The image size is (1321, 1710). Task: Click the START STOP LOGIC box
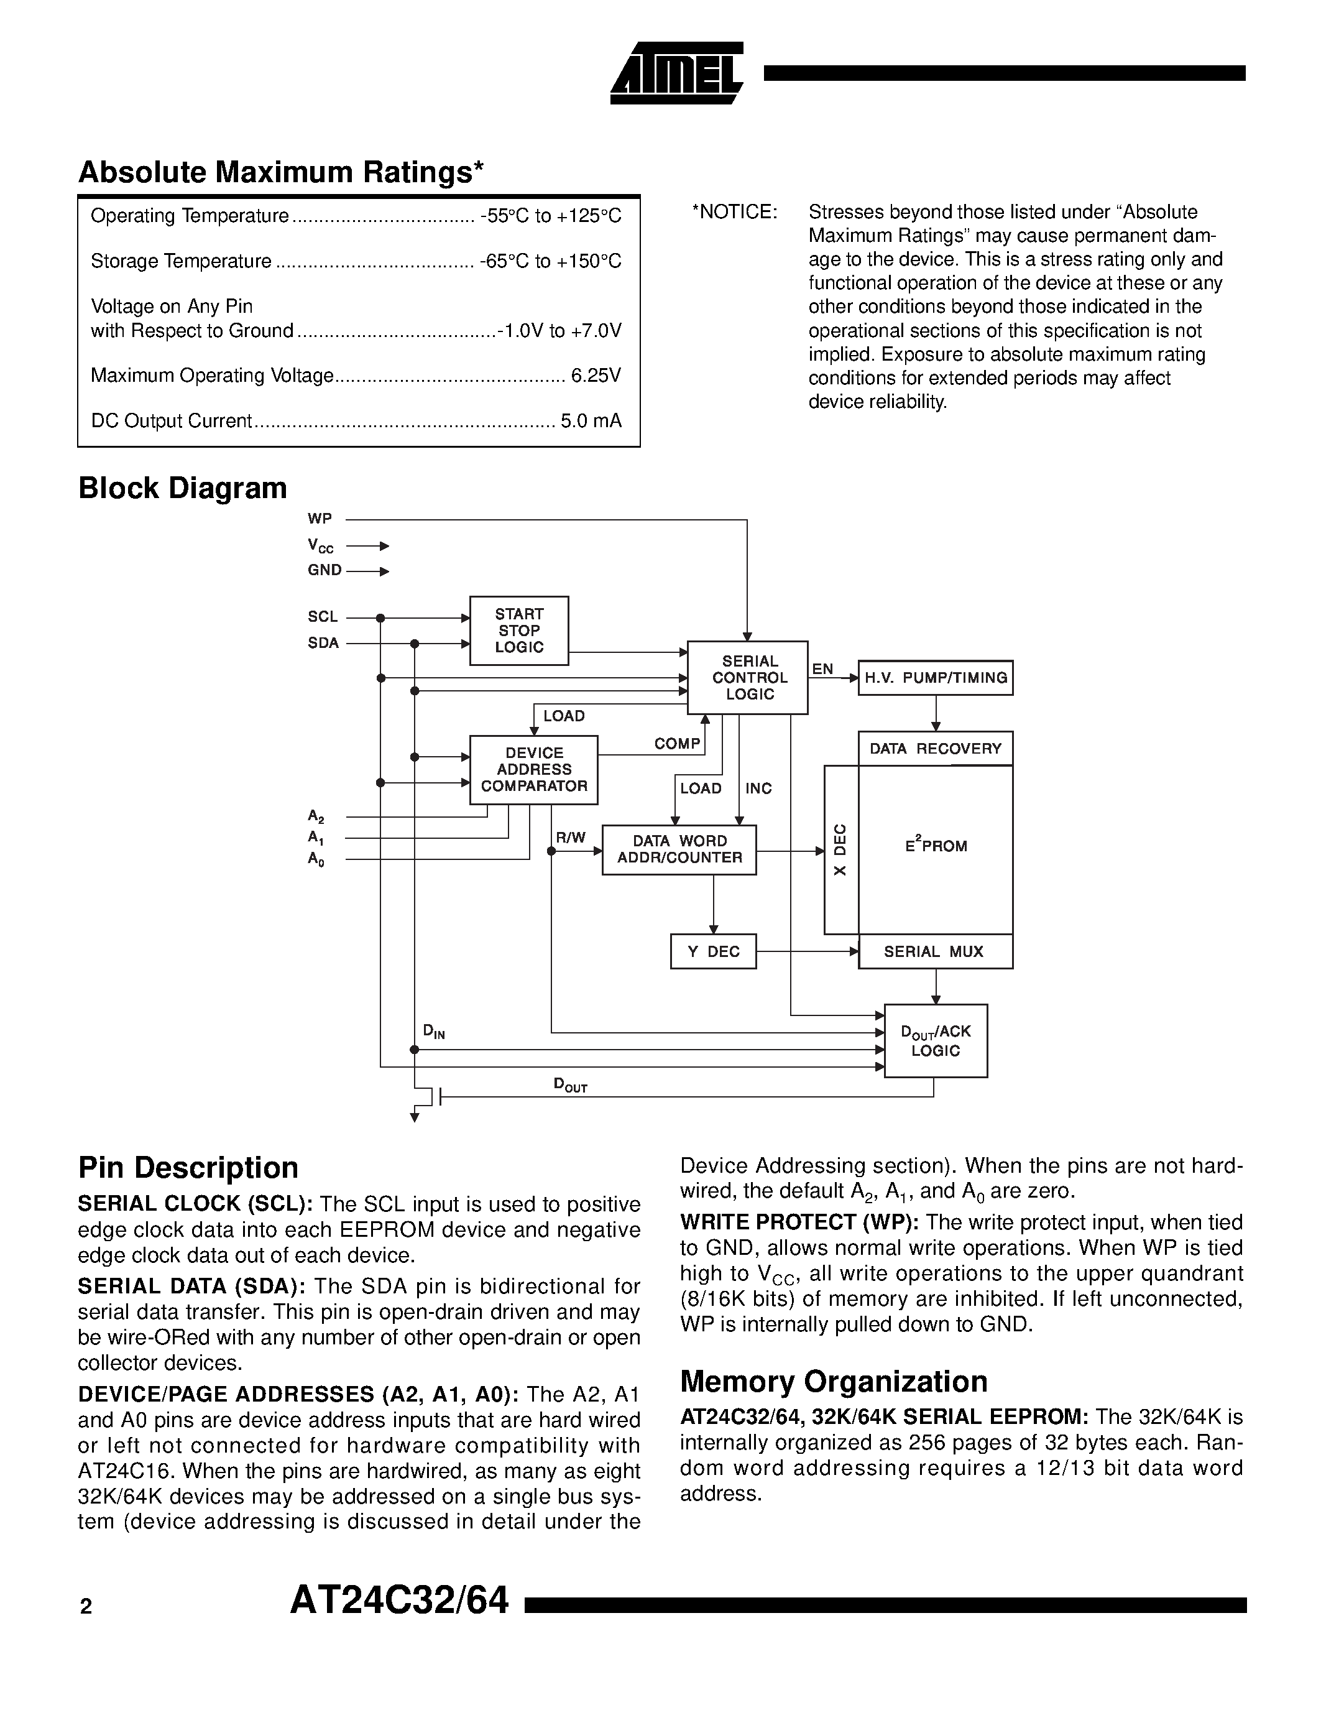tap(519, 631)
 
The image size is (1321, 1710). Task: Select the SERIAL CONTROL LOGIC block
tap(747, 677)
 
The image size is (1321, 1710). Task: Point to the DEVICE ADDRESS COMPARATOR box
tap(534, 770)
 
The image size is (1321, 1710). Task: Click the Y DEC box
tap(713, 951)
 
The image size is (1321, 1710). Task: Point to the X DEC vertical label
tap(840, 849)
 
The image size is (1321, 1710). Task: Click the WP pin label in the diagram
tap(320, 519)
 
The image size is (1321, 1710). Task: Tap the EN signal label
tap(822, 668)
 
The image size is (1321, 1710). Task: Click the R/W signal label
tap(571, 838)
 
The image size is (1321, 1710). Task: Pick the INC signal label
tap(758, 788)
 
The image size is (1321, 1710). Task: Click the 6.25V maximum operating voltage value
tap(596, 376)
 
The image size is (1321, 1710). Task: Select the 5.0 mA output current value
tap(591, 421)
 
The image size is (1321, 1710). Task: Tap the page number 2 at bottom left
tap(86, 1607)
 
